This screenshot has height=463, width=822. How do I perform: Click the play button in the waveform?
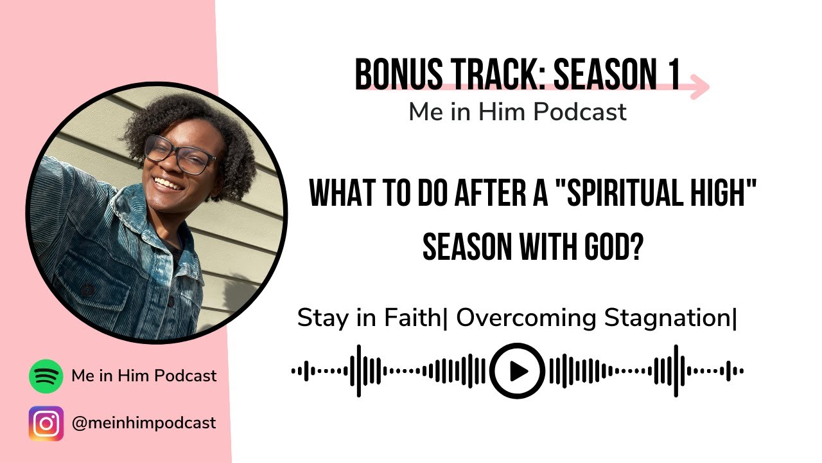pos(517,371)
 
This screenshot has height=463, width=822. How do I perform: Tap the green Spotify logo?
pos(46,376)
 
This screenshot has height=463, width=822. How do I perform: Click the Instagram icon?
pos(46,423)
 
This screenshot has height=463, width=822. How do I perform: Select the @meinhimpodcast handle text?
pos(144,423)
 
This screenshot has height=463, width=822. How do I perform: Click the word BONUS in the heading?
pos(398,75)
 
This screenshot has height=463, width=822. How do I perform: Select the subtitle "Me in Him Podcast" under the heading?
pos(517,113)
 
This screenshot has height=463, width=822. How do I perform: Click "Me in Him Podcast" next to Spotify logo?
pos(144,376)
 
